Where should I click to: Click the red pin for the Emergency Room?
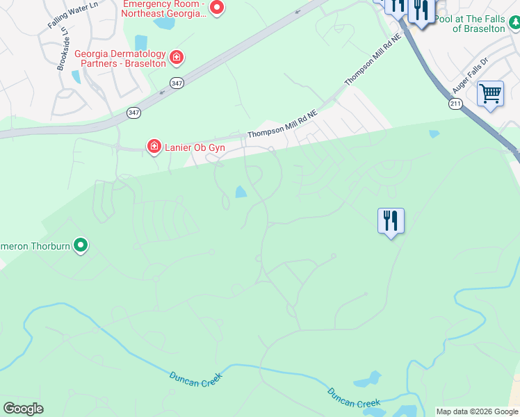216,8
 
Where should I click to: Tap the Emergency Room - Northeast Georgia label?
165,8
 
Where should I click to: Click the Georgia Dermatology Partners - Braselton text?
120,58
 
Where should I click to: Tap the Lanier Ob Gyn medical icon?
153,146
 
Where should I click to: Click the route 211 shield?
455,103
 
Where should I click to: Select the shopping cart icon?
490,93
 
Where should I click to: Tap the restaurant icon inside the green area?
391,221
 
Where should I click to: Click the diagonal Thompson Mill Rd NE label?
373,60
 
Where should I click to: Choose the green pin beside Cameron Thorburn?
81,245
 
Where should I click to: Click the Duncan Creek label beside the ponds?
354,398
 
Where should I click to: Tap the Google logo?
23,409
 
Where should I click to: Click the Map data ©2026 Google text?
477,411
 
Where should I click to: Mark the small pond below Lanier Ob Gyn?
241,192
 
